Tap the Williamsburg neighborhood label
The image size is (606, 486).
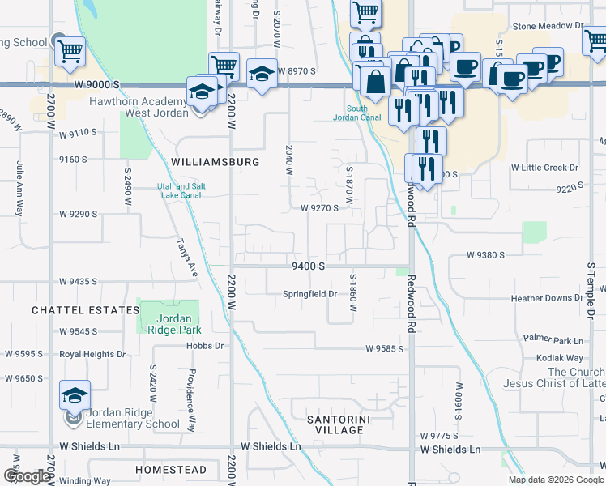(x=216, y=162)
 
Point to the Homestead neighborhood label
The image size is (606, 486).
(x=171, y=470)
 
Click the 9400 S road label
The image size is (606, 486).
(x=309, y=266)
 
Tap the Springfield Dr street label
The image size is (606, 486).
(x=309, y=294)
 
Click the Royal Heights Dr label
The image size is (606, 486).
(x=92, y=354)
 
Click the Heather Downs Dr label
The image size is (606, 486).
(x=547, y=299)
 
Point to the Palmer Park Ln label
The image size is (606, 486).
(x=553, y=339)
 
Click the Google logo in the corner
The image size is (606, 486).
(x=28, y=477)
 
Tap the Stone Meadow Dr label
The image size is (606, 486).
(x=548, y=26)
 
